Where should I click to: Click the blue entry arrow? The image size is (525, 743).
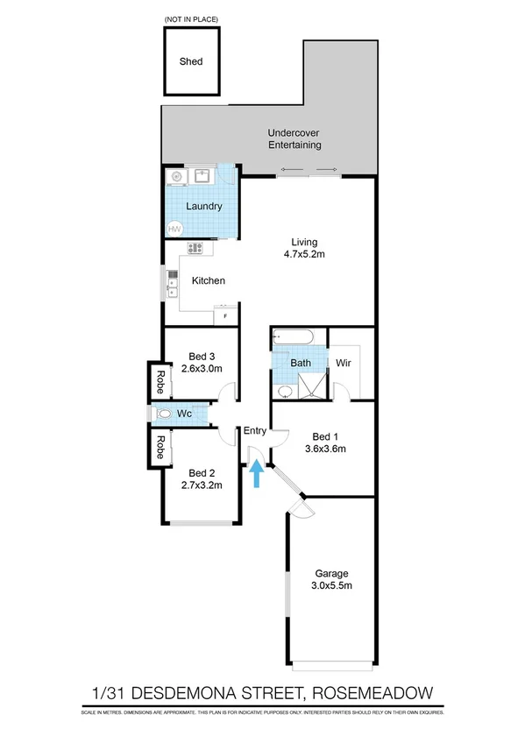click(x=256, y=474)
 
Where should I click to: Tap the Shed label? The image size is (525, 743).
click(x=191, y=61)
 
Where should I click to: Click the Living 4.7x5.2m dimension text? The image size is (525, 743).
click(x=305, y=255)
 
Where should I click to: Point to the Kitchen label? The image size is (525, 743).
click(x=209, y=281)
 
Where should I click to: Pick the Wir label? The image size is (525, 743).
click(x=344, y=362)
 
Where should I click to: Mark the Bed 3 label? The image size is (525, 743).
click(x=202, y=357)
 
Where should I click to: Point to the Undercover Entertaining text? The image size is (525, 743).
click(x=294, y=140)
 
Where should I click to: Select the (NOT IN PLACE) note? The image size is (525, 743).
click(x=190, y=18)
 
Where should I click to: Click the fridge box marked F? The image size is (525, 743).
click(x=226, y=315)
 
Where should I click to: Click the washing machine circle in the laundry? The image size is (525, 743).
click(x=178, y=176)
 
